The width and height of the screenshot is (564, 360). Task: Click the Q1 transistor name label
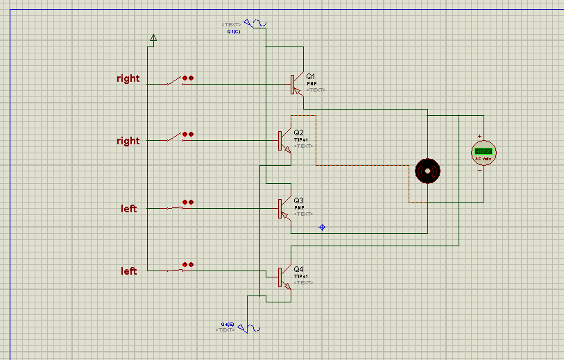(311, 76)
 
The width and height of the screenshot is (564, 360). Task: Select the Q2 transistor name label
(298, 132)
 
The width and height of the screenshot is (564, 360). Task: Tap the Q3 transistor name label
(298, 200)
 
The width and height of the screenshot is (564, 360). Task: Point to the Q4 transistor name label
(298, 268)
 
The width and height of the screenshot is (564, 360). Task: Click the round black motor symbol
(428, 171)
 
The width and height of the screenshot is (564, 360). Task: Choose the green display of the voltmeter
(484, 151)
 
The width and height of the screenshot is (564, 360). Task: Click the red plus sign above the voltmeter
(479, 137)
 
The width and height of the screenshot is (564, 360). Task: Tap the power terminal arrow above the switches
(153, 37)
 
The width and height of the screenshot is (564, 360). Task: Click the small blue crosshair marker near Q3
(322, 227)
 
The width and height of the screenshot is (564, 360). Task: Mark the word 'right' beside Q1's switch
(128, 78)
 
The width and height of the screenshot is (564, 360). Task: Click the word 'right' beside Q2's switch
(128, 141)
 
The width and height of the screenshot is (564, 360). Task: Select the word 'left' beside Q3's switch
(129, 209)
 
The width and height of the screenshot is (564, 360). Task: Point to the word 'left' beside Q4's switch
(129, 271)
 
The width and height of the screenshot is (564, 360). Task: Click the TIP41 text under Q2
(300, 139)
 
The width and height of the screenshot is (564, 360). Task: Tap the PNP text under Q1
(311, 83)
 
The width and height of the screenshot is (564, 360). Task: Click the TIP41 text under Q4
(300, 276)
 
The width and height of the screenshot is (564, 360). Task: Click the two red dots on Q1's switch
(187, 78)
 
